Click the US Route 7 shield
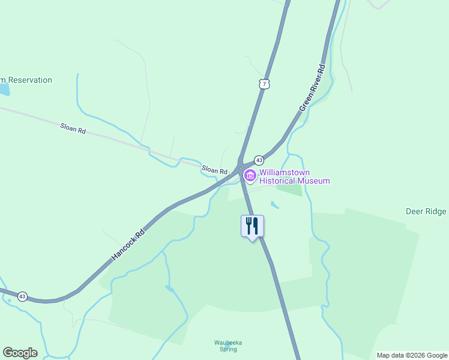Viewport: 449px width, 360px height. (264, 84)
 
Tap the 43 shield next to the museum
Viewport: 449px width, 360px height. (259, 160)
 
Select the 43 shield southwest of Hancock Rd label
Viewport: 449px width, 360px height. (22, 296)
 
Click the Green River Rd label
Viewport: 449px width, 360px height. (312, 88)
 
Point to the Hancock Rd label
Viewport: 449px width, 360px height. (128, 244)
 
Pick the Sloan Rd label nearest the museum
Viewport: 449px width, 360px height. (214, 170)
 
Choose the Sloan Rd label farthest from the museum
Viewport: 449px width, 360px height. (73, 128)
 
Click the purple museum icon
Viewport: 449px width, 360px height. (249, 176)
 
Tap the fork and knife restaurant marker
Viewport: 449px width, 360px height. (252, 226)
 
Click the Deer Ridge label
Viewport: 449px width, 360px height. (426, 211)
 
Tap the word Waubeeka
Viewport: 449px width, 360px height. (228, 343)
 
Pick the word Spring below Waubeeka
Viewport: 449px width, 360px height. (228, 349)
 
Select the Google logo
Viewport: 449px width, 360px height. (20, 353)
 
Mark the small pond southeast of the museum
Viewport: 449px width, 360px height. (274, 205)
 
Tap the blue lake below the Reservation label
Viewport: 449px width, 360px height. (4, 89)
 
